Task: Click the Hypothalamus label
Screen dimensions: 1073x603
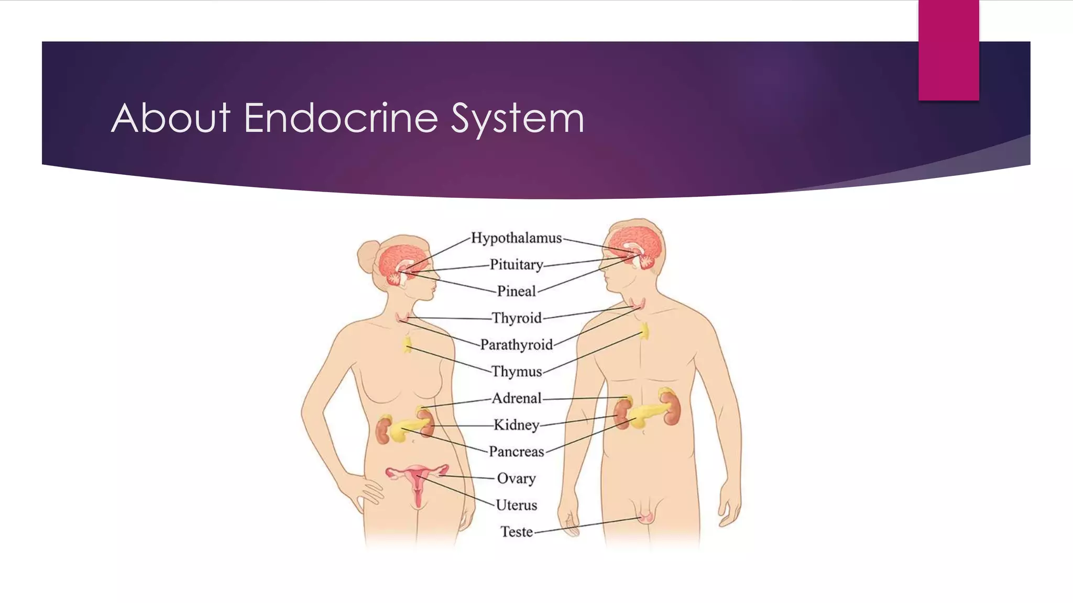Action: tap(516, 238)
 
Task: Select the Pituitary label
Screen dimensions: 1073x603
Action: tap(516, 265)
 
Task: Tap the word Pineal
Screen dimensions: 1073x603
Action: tap(516, 291)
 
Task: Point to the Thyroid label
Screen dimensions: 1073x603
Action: tap(517, 318)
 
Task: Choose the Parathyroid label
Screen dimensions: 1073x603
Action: tap(516, 345)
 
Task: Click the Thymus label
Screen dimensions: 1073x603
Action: tap(517, 372)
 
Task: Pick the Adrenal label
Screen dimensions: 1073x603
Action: tap(517, 398)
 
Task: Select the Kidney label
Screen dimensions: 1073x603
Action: tap(516, 425)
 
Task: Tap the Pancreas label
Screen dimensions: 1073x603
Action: tap(516, 452)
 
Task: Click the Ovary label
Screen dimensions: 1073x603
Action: tap(516, 478)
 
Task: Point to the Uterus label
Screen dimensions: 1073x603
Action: tap(516, 505)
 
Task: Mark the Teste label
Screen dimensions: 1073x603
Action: tap(516, 532)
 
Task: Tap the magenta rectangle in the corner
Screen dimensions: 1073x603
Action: tap(948, 50)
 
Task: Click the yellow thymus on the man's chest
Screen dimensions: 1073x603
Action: tap(644, 331)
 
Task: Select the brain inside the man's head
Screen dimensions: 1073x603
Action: tap(631, 246)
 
